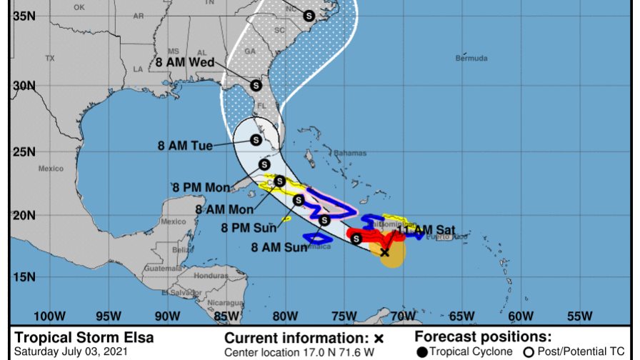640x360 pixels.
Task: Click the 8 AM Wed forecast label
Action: (x=187, y=61)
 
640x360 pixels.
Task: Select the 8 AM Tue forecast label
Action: (x=185, y=146)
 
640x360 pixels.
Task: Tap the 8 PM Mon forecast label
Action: (x=201, y=188)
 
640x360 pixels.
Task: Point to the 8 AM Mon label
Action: (x=224, y=209)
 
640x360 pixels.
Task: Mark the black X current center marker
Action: (x=384, y=252)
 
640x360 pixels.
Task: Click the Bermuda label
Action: (x=472, y=58)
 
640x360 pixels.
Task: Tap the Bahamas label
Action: (x=350, y=153)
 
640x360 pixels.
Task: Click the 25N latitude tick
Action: (x=25, y=151)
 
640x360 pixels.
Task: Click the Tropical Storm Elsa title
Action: (x=84, y=338)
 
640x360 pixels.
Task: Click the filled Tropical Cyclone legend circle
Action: (x=422, y=351)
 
